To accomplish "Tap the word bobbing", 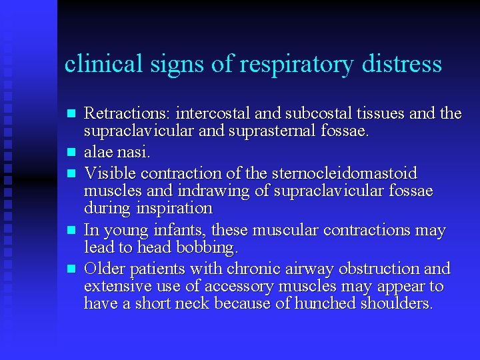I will tap(207, 247).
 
